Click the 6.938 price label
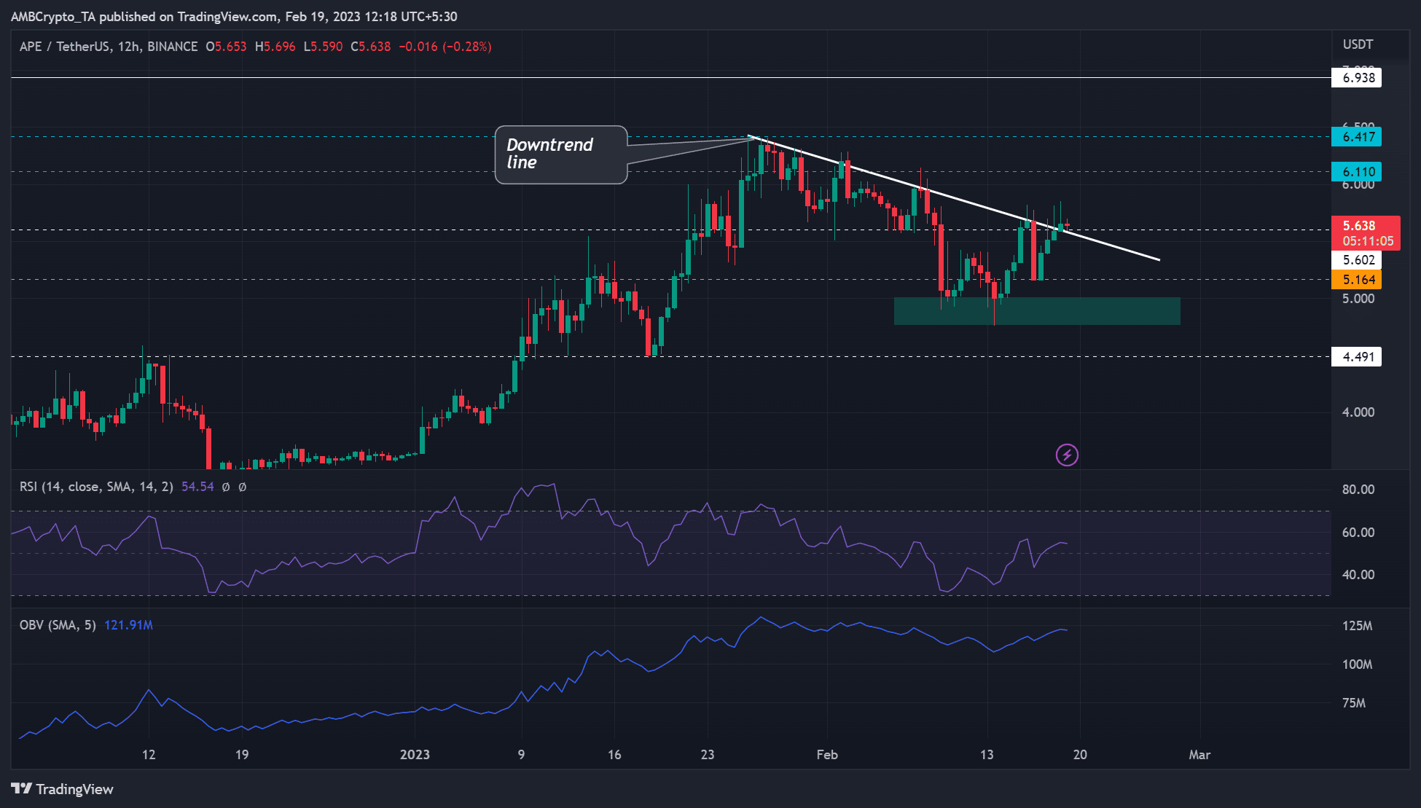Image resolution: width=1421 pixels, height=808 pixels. click(x=1357, y=78)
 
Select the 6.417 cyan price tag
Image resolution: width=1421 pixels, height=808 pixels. click(x=1357, y=136)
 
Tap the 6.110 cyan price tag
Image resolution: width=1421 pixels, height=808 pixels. click(x=1357, y=172)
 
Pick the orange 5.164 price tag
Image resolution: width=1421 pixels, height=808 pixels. click(x=1357, y=280)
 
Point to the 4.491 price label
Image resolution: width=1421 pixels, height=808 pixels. click(x=1357, y=357)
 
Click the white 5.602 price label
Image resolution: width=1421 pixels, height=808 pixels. click(x=1357, y=260)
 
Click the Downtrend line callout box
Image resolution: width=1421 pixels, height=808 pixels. click(x=560, y=154)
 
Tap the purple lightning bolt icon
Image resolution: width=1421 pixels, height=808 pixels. click(x=1067, y=455)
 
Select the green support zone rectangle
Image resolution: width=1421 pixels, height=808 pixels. click(x=1036, y=310)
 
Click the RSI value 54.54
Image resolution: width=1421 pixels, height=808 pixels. click(x=197, y=487)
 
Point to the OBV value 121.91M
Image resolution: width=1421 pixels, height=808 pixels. click(x=128, y=625)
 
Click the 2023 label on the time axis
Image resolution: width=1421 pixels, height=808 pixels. click(x=415, y=755)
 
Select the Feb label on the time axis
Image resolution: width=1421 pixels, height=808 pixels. click(x=827, y=755)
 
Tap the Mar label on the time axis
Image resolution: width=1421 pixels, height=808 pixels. click(x=1199, y=755)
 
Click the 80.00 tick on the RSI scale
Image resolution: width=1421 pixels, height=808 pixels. click(x=1358, y=490)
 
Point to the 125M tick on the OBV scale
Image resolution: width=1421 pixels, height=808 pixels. click(x=1357, y=626)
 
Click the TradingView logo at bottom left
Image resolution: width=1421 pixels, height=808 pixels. click(x=63, y=789)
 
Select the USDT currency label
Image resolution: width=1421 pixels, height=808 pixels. click(x=1358, y=44)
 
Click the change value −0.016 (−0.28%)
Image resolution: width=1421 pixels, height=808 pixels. click(x=445, y=47)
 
